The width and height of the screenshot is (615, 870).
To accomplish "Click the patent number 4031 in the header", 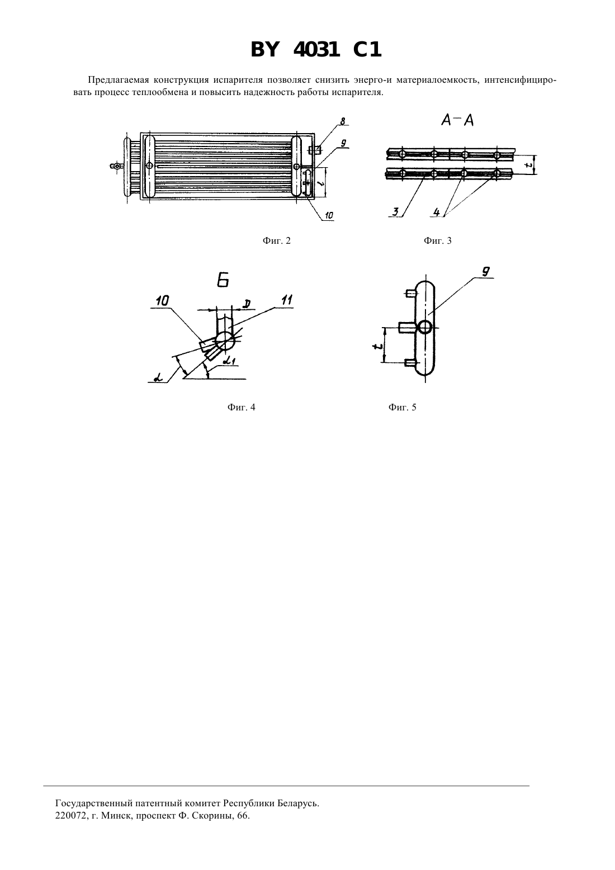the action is (x=316, y=50).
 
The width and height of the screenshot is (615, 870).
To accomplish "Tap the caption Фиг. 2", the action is (x=276, y=241).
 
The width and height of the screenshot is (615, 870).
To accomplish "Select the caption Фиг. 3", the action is (x=438, y=241).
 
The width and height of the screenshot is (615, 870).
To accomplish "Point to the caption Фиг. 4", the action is (x=241, y=407).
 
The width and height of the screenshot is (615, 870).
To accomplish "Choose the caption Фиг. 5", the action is (x=402, y=407).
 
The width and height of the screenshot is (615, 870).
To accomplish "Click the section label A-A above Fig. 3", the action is (x=458, y=121).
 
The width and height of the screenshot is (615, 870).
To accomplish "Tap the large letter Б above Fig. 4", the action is (x=223, y=280).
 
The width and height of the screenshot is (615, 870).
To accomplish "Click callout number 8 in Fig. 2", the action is (x=342, y=121).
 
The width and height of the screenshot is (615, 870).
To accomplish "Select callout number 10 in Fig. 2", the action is (x=329, y=215).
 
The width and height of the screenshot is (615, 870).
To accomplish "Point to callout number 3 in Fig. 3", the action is (x=395, y=212).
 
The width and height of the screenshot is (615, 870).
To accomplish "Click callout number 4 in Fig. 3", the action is (x=437, y=212).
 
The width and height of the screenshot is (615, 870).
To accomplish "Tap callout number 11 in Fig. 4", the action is (x=287, y=300).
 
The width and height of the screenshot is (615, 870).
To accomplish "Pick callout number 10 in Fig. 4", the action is (x=162, y=301).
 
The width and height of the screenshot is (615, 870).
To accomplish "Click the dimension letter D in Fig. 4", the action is (x=246, y=304).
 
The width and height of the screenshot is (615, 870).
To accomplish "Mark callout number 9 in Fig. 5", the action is (x=485, y=272).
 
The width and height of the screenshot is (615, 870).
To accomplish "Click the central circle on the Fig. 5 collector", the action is (x=425, y=328).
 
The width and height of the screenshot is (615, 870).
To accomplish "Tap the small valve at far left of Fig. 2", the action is (x=115, y=166).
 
